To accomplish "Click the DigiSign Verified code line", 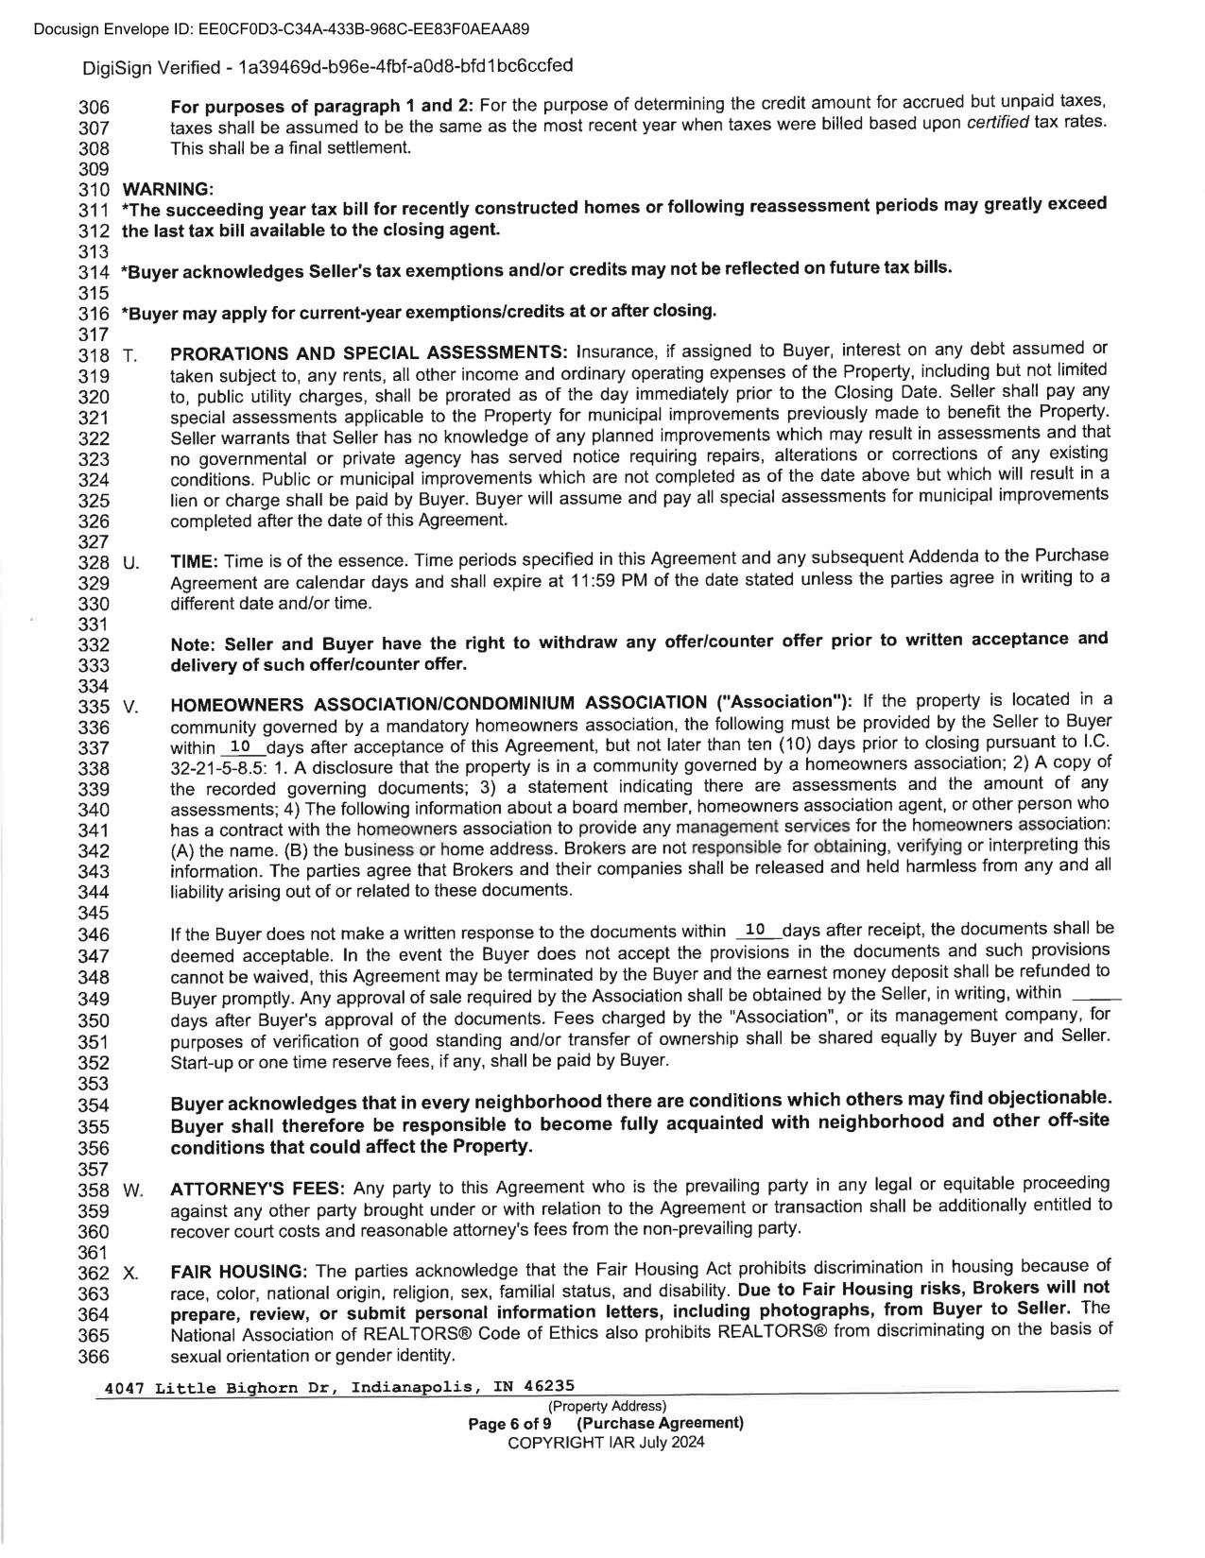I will [327, 66].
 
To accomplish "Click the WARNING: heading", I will [168, 189].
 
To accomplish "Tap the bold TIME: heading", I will [195, 561].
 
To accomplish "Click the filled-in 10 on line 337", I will [240, 745].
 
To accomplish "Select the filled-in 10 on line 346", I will [755, 931].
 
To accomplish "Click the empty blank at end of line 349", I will [1098, 995].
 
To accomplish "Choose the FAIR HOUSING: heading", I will [239, 1272].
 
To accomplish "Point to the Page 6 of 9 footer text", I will [510, 1423].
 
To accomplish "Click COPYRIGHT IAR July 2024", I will [606, 1442].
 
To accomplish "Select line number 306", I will [95, 108].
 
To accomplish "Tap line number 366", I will [95, 1356].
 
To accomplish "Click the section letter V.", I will [130, 707].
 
